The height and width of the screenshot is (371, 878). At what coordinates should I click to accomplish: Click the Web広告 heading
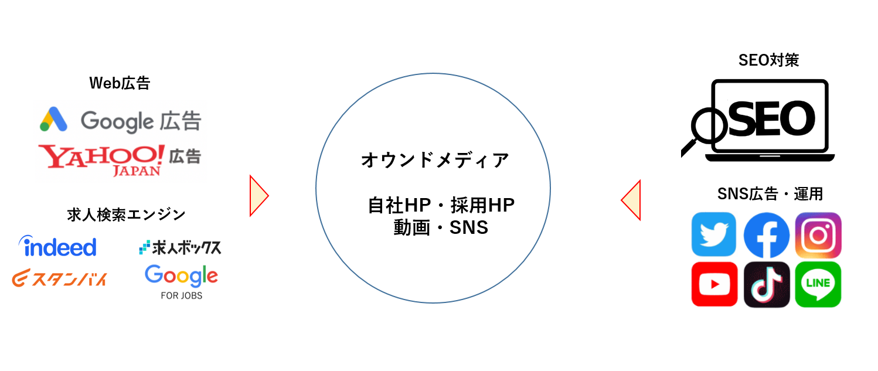tap(120, 83)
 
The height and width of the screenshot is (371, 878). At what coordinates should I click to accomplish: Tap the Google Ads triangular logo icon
tap(54, 119)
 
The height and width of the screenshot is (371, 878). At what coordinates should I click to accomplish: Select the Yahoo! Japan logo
tap(101, 160)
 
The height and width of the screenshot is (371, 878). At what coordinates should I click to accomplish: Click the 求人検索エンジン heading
tap(126, 215)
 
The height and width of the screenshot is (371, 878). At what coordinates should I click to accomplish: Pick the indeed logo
tap(57, 246)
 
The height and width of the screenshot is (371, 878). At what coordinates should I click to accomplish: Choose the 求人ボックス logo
tap(181, 247)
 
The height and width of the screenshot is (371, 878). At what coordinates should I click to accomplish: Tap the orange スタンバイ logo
tap(59, 278)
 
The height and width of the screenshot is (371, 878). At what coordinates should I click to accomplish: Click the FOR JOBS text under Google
tap(182, 296)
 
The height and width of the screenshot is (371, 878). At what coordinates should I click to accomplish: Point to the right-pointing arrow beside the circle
tap(259, 196)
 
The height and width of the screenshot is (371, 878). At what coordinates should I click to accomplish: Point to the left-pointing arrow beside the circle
tap(631, 200)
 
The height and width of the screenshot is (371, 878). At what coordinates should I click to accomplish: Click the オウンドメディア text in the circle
tap(435, 160)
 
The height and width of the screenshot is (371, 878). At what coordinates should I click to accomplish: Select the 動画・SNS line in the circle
tap(441, 227)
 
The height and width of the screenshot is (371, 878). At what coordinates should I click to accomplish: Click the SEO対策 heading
tap(768, 60)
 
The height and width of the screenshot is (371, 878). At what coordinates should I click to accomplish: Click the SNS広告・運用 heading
tap(770, 194)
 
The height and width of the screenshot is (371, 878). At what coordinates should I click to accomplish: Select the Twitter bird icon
tap(714, 234)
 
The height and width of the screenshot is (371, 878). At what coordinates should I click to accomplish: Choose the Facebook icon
tap(766, 235)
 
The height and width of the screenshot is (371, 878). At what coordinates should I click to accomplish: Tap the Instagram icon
tap(818, 235)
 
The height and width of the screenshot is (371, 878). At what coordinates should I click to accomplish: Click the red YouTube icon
tap(714, 284)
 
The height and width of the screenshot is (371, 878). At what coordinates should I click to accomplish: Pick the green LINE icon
tap(818, 284)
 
